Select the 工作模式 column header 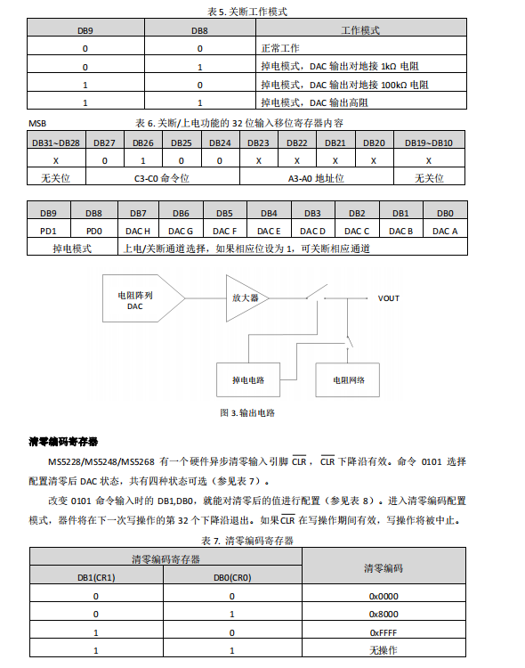pyautogui.click(x=360, y=30)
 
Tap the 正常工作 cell pyautogui.click(x=280, y=49)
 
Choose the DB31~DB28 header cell pyautogui.click(x=55, y=143)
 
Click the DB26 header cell pyautogui.click(x=143, y=143)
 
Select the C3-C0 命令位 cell pyautogui.click(x=162, y=178)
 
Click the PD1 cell pyautogui.click(x=49, y=231)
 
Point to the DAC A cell pyautogui.click(x=445, y=231)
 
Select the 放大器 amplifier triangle pyautogui.click(x=244, y=297)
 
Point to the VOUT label pyautogui.click(x=390, y=297)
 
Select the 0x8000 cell pyautogui.click(x=384, y=614)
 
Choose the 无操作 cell pyautogui.click(x=384, y=650)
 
